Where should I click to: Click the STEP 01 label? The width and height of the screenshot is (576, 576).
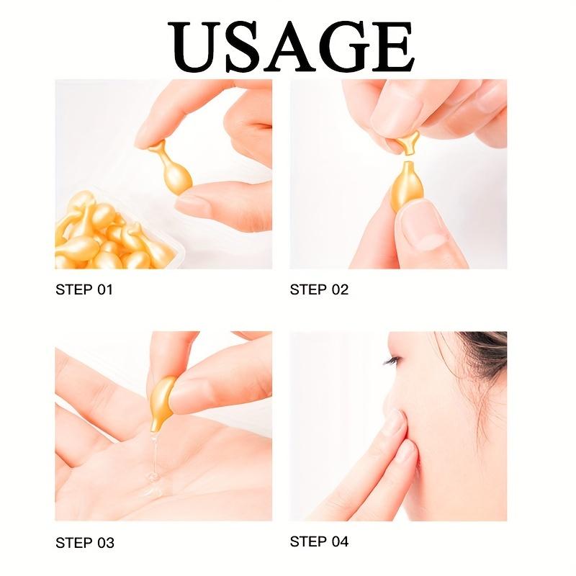(84, 290)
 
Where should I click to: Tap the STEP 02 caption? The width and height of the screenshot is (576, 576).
(319, 290)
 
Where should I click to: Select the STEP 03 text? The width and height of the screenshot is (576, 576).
(84, 542)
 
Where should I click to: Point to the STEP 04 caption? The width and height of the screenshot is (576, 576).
(319, 541)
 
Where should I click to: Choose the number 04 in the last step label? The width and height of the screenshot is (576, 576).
(340, 541)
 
